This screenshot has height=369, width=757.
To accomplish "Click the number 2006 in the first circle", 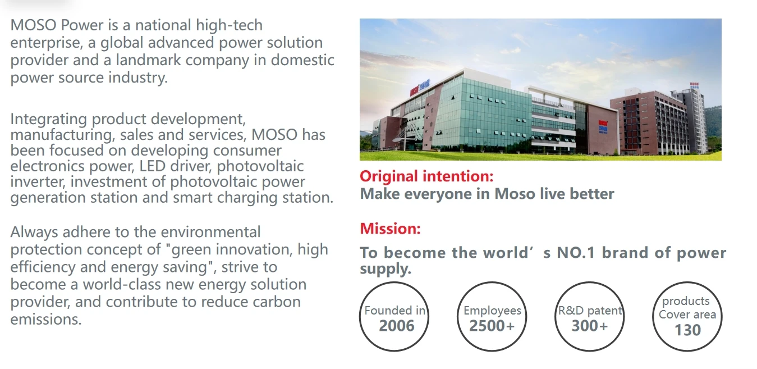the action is pos(396,326).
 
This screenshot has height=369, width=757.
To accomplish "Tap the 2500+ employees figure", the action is pos(492,326).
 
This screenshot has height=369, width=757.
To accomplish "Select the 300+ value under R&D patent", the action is pos(590,326).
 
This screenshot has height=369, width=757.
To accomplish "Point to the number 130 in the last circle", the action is pos(688,330).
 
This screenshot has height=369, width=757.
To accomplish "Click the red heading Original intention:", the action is pos(426,176).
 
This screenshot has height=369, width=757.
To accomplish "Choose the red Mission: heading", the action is pos(391,229).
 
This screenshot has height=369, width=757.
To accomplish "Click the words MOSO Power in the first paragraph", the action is pos(57,25).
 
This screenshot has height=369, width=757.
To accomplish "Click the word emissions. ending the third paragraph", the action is pos(46,319).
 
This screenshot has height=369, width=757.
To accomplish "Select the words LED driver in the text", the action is pos(176,166).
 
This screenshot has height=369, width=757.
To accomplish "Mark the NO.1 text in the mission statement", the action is pos(576,253).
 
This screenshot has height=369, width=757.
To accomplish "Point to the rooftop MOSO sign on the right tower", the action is pos(695,85).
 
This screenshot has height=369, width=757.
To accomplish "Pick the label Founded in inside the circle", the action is pos(394,311).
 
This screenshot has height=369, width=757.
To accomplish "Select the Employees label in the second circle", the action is pos(492,311).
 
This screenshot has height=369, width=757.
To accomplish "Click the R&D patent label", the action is pos(590,311).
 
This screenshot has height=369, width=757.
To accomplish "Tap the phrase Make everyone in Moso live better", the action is pos(487,194).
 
